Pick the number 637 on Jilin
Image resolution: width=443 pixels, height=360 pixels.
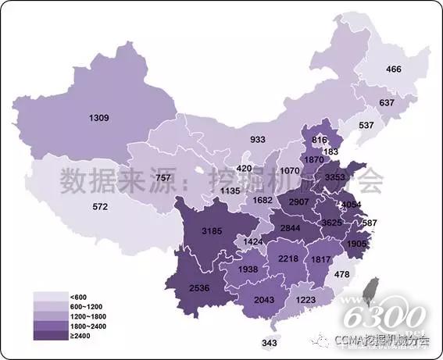tap(386, 103)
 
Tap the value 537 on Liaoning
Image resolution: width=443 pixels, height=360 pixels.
tap(366, 125)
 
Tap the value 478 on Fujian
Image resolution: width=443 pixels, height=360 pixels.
tap(363, 274)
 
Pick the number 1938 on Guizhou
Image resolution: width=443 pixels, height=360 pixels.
tap(247, 269)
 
